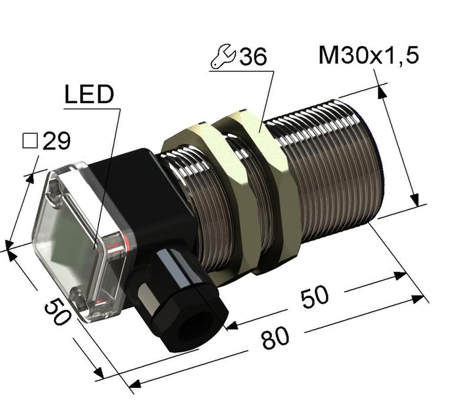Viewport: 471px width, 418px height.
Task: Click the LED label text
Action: click(88, 96)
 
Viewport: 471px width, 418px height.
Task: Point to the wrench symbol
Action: click(223, 57)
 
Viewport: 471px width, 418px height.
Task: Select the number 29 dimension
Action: click(57, 141)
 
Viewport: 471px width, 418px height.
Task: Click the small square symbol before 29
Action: click(29, 141)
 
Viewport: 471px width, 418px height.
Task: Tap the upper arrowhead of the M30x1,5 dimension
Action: click(382, 91)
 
